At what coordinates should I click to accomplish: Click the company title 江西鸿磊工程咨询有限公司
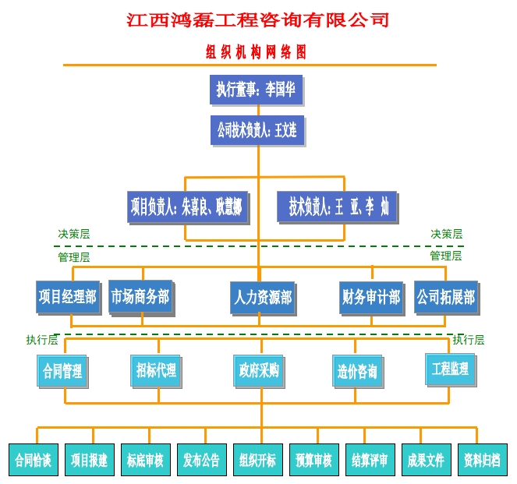click(x=258, y=19)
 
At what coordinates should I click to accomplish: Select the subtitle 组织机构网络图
click(x=256, y=53)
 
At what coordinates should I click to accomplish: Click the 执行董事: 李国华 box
click(x=256, y=90)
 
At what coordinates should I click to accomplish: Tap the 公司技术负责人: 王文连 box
click(x=257, y=129)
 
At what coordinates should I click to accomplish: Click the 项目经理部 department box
click(x=67, y=297)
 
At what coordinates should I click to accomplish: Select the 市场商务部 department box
click(x=140, y=296)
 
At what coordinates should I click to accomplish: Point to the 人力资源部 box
click(x=262, y=298)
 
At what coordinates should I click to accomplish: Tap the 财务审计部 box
click(x=371, y=297)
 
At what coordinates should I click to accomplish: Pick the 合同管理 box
click(x=62, y=371)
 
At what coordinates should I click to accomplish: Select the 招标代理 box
click(x=156, y=370)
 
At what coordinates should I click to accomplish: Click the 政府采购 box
click(x=259, y=370)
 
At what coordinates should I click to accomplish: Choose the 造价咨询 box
click(x=357, y=371)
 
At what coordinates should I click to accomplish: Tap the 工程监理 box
click(x=450, y=369)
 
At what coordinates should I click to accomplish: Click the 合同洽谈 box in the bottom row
click(x=32, y=460)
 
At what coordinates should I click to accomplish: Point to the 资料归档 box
click(x=482, y=460)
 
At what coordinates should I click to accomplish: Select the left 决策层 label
click(x=74, y=234)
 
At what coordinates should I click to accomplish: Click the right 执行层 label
click(x=469, y=340)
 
